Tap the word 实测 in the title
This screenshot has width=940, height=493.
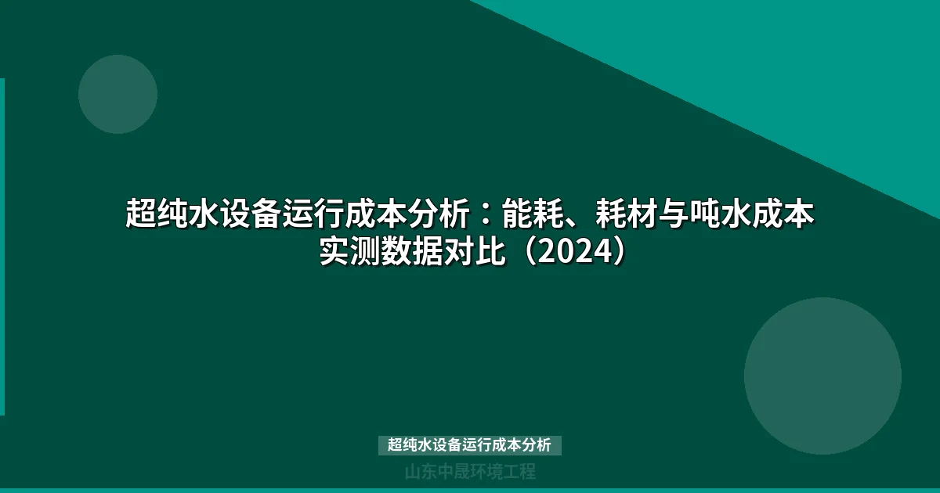point(349,252)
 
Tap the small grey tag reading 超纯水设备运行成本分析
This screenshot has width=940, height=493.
point(470,445)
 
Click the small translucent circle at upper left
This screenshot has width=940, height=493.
point(117,94)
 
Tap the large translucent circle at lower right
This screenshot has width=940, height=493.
point(822,376)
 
